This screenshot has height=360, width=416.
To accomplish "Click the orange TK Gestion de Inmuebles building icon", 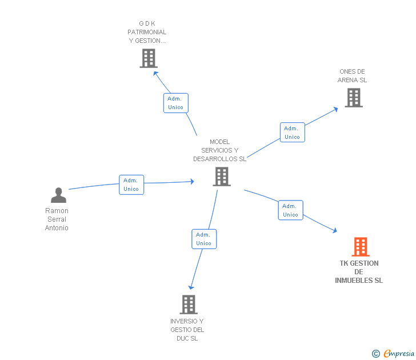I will (360, 247).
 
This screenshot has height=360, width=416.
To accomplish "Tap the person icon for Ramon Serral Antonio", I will (58, 195).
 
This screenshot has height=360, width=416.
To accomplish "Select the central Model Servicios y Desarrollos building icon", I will (221, 177).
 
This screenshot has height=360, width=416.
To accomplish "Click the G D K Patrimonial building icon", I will (148, 58).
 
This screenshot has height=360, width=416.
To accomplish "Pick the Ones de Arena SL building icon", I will (354, 98).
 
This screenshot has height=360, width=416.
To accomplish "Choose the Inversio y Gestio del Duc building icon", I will (189, 305).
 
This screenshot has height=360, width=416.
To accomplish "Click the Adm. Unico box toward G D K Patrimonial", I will (175, 103).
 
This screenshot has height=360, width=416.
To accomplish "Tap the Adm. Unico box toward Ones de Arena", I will (292, 132).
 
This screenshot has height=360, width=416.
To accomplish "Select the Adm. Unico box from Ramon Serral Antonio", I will (131, 185).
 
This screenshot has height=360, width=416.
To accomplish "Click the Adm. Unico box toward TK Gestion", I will (290, 210).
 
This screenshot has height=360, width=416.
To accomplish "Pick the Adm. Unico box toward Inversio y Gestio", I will (204, 239).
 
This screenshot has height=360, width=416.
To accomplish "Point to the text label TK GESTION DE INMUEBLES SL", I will (359, 272).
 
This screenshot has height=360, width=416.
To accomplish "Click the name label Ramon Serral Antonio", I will (57, 219).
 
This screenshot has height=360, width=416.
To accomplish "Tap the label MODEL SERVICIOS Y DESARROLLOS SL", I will (219, 150).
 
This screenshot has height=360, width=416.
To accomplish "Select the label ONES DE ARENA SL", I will (352, 76).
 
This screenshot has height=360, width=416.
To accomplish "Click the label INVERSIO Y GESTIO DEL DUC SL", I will (187, 330).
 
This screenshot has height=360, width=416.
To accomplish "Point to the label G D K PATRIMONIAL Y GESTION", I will (147, 32).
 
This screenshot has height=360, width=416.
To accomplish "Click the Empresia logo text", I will (399, 354).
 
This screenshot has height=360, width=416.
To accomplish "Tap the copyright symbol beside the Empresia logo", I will (375, 354).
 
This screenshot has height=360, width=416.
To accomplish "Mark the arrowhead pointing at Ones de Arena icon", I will (335, 109).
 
